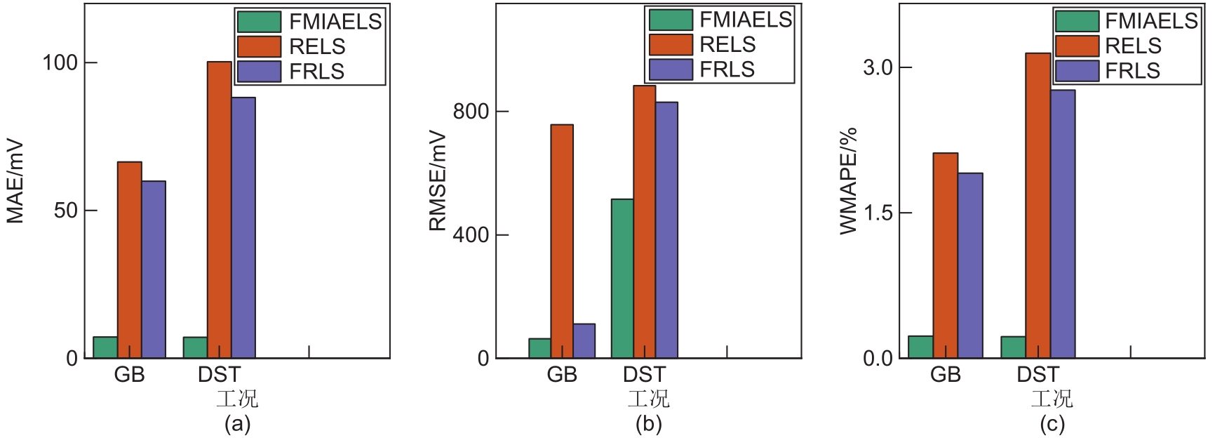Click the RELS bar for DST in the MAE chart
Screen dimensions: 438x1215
point(219,211)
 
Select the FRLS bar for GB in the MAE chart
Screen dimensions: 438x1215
point(154,270)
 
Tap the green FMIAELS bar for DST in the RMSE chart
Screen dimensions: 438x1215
point(622,279)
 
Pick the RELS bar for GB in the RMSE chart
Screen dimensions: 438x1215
point(562,241)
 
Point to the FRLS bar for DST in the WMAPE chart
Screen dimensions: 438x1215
point(1063,224)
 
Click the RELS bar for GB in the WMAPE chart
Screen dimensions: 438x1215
point(945,255)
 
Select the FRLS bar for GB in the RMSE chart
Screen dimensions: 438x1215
point(584,341)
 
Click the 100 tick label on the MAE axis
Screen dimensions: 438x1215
point(60,62)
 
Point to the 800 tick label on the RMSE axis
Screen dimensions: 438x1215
point(470,112)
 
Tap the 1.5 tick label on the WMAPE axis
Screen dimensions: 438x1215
point(878,213)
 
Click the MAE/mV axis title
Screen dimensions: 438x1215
point(15,182)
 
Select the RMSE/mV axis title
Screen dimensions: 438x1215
point(438,181)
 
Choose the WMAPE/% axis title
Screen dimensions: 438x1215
point(849,180)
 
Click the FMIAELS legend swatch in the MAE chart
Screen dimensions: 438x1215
point(259,22)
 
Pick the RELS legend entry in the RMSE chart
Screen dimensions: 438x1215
point(727,44)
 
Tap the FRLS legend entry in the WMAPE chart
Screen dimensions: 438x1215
point(1132,71)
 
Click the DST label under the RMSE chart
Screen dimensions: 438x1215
point(643,375)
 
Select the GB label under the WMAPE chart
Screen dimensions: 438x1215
point(945,375)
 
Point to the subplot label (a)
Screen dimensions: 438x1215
point(237,424)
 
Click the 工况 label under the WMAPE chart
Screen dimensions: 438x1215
point(1052,399)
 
